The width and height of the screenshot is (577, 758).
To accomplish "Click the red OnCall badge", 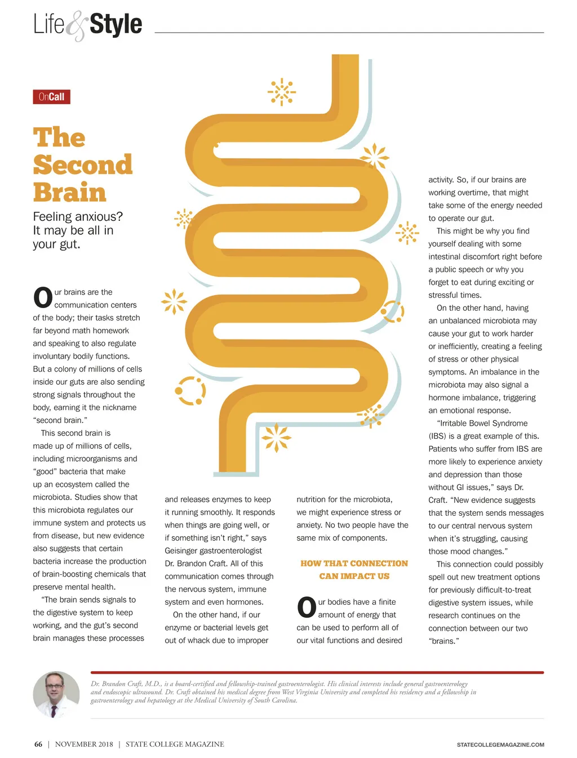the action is tap(51, 97).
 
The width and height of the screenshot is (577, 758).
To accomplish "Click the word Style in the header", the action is tap(116, 24).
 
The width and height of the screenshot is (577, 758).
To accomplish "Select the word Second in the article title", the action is tap(83, 165).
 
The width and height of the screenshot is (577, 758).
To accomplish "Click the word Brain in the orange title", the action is tap(69, 192).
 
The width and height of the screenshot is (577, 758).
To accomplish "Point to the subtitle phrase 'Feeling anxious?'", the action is tap(78, 216).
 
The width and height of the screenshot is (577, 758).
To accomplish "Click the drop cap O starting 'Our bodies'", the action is tap(307, 607).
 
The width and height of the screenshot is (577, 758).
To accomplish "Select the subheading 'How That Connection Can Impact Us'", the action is tap(354, 570).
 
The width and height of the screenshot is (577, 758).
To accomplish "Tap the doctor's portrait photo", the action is tap(56, 694).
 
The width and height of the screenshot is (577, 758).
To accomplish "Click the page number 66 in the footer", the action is tap(38, 744).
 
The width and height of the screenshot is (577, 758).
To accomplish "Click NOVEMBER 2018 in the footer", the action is tap(84, 744).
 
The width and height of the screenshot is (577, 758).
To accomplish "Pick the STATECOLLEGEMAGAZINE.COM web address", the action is tap(500, 745).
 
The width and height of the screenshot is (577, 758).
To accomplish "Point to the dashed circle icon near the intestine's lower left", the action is tap(190, 391).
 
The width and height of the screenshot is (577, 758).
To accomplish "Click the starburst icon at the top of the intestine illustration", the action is tap(282, 92).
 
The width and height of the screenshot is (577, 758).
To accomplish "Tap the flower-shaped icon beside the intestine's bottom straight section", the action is tap(276, 438).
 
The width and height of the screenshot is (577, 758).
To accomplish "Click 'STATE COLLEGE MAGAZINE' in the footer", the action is tap(175, 744).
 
